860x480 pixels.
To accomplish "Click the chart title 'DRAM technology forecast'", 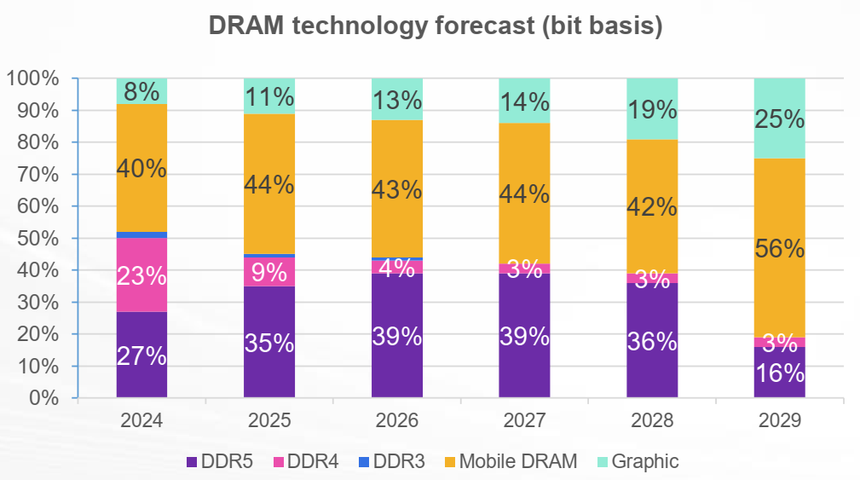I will tap(436, 26).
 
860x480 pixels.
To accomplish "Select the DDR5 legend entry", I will tap(223, 461).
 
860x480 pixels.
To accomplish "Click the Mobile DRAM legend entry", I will tap(509, 461).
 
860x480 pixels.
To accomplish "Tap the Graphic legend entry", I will tap(639, 461).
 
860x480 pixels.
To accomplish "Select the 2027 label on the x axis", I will tap(524, 420).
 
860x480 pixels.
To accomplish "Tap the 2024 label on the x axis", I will tap(141, 420).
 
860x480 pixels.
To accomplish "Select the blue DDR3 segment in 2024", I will tap(141, 234).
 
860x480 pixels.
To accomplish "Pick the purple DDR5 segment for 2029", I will tap(779, 373).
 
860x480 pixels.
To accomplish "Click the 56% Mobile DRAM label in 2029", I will tap(779, 249).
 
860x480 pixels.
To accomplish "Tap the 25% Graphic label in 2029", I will tap(779, 119).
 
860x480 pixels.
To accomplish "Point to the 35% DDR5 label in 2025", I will tap(269, 343).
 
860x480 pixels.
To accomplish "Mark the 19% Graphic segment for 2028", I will tap(652, 109).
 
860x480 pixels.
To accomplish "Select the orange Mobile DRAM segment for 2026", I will tap(396, 189).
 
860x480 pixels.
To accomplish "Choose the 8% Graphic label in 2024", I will tap(141, 90).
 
